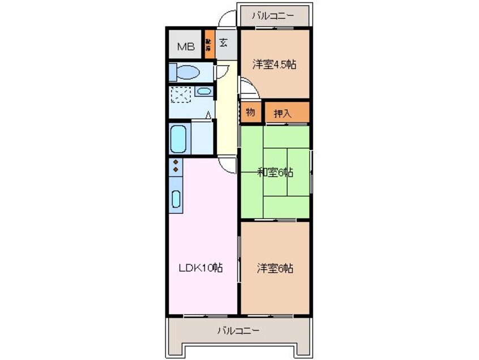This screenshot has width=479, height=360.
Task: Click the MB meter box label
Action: [186, 47]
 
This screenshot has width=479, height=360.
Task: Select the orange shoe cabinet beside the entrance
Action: [208, 44]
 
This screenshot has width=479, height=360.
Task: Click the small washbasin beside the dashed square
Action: [204, 91]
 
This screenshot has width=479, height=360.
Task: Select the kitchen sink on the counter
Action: [176, 199]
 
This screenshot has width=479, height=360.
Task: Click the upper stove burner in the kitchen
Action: [176, 162]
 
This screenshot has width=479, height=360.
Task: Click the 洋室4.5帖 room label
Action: [274, 64]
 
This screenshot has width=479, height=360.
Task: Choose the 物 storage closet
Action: [250, 112]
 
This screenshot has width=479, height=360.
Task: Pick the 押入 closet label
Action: [283, 113]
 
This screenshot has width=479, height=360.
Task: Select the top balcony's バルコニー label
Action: [273, 15]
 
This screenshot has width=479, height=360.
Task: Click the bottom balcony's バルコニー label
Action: [238, 330]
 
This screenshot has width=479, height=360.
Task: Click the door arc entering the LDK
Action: [228, 165]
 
